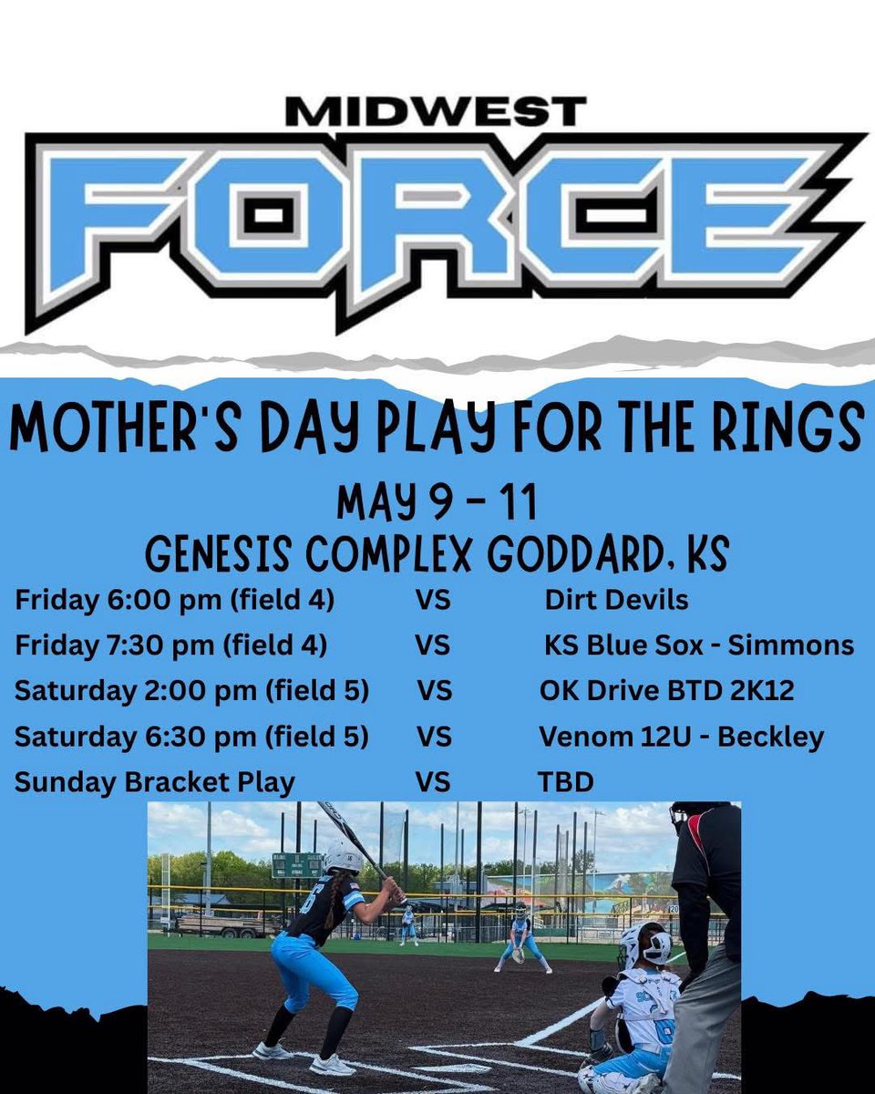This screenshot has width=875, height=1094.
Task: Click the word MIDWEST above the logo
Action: click(x=436, y=112)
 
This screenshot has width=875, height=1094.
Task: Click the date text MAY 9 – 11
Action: click(x=437, y=502)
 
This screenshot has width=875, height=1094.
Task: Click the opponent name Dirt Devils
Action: click(x=616, y=600)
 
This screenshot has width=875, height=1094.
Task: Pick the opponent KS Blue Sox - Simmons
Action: click(x=699, y=645)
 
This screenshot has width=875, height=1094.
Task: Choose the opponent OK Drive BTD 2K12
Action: click(x=666, y=690)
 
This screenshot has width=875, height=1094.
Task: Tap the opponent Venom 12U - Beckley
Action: click(x=681, y=736)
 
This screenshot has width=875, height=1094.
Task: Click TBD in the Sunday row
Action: click(x=565, y=781)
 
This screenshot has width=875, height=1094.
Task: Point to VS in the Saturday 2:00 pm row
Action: click(x=435, y=690)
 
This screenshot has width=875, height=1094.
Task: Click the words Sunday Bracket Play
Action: click(x=154, y=781)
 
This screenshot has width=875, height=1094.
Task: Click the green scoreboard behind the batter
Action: click(x=296, y=865)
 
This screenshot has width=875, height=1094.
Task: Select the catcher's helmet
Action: click(x=645, y=945)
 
